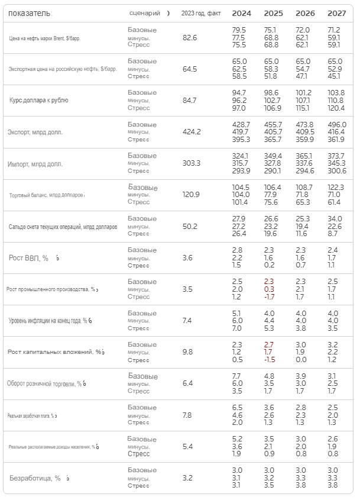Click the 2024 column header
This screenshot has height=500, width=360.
[x=241, y=13]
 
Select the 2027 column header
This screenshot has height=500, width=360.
[x=337, y=13]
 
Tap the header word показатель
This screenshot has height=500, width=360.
[x=29, y=13]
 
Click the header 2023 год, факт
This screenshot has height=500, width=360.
[x=201, y=13]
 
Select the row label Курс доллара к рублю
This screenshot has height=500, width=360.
[x=38, y=100]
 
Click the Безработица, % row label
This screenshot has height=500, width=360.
[x=35, y=478]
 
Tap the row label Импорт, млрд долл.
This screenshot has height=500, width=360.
[x=35, y=164]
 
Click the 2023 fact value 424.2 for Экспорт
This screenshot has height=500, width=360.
[x=192, y=132]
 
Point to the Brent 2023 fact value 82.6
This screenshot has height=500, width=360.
[x=190, y=37]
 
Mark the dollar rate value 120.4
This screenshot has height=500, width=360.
[x=336, y=108]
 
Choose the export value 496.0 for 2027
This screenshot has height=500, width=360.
[x=336, y=124]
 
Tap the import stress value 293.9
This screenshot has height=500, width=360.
[x=241, y=170]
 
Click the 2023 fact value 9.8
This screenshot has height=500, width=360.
[x=188, y=352]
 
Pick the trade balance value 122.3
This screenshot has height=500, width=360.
[x=336, y=187]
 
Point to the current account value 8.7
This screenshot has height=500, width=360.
[x=334, y=234]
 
